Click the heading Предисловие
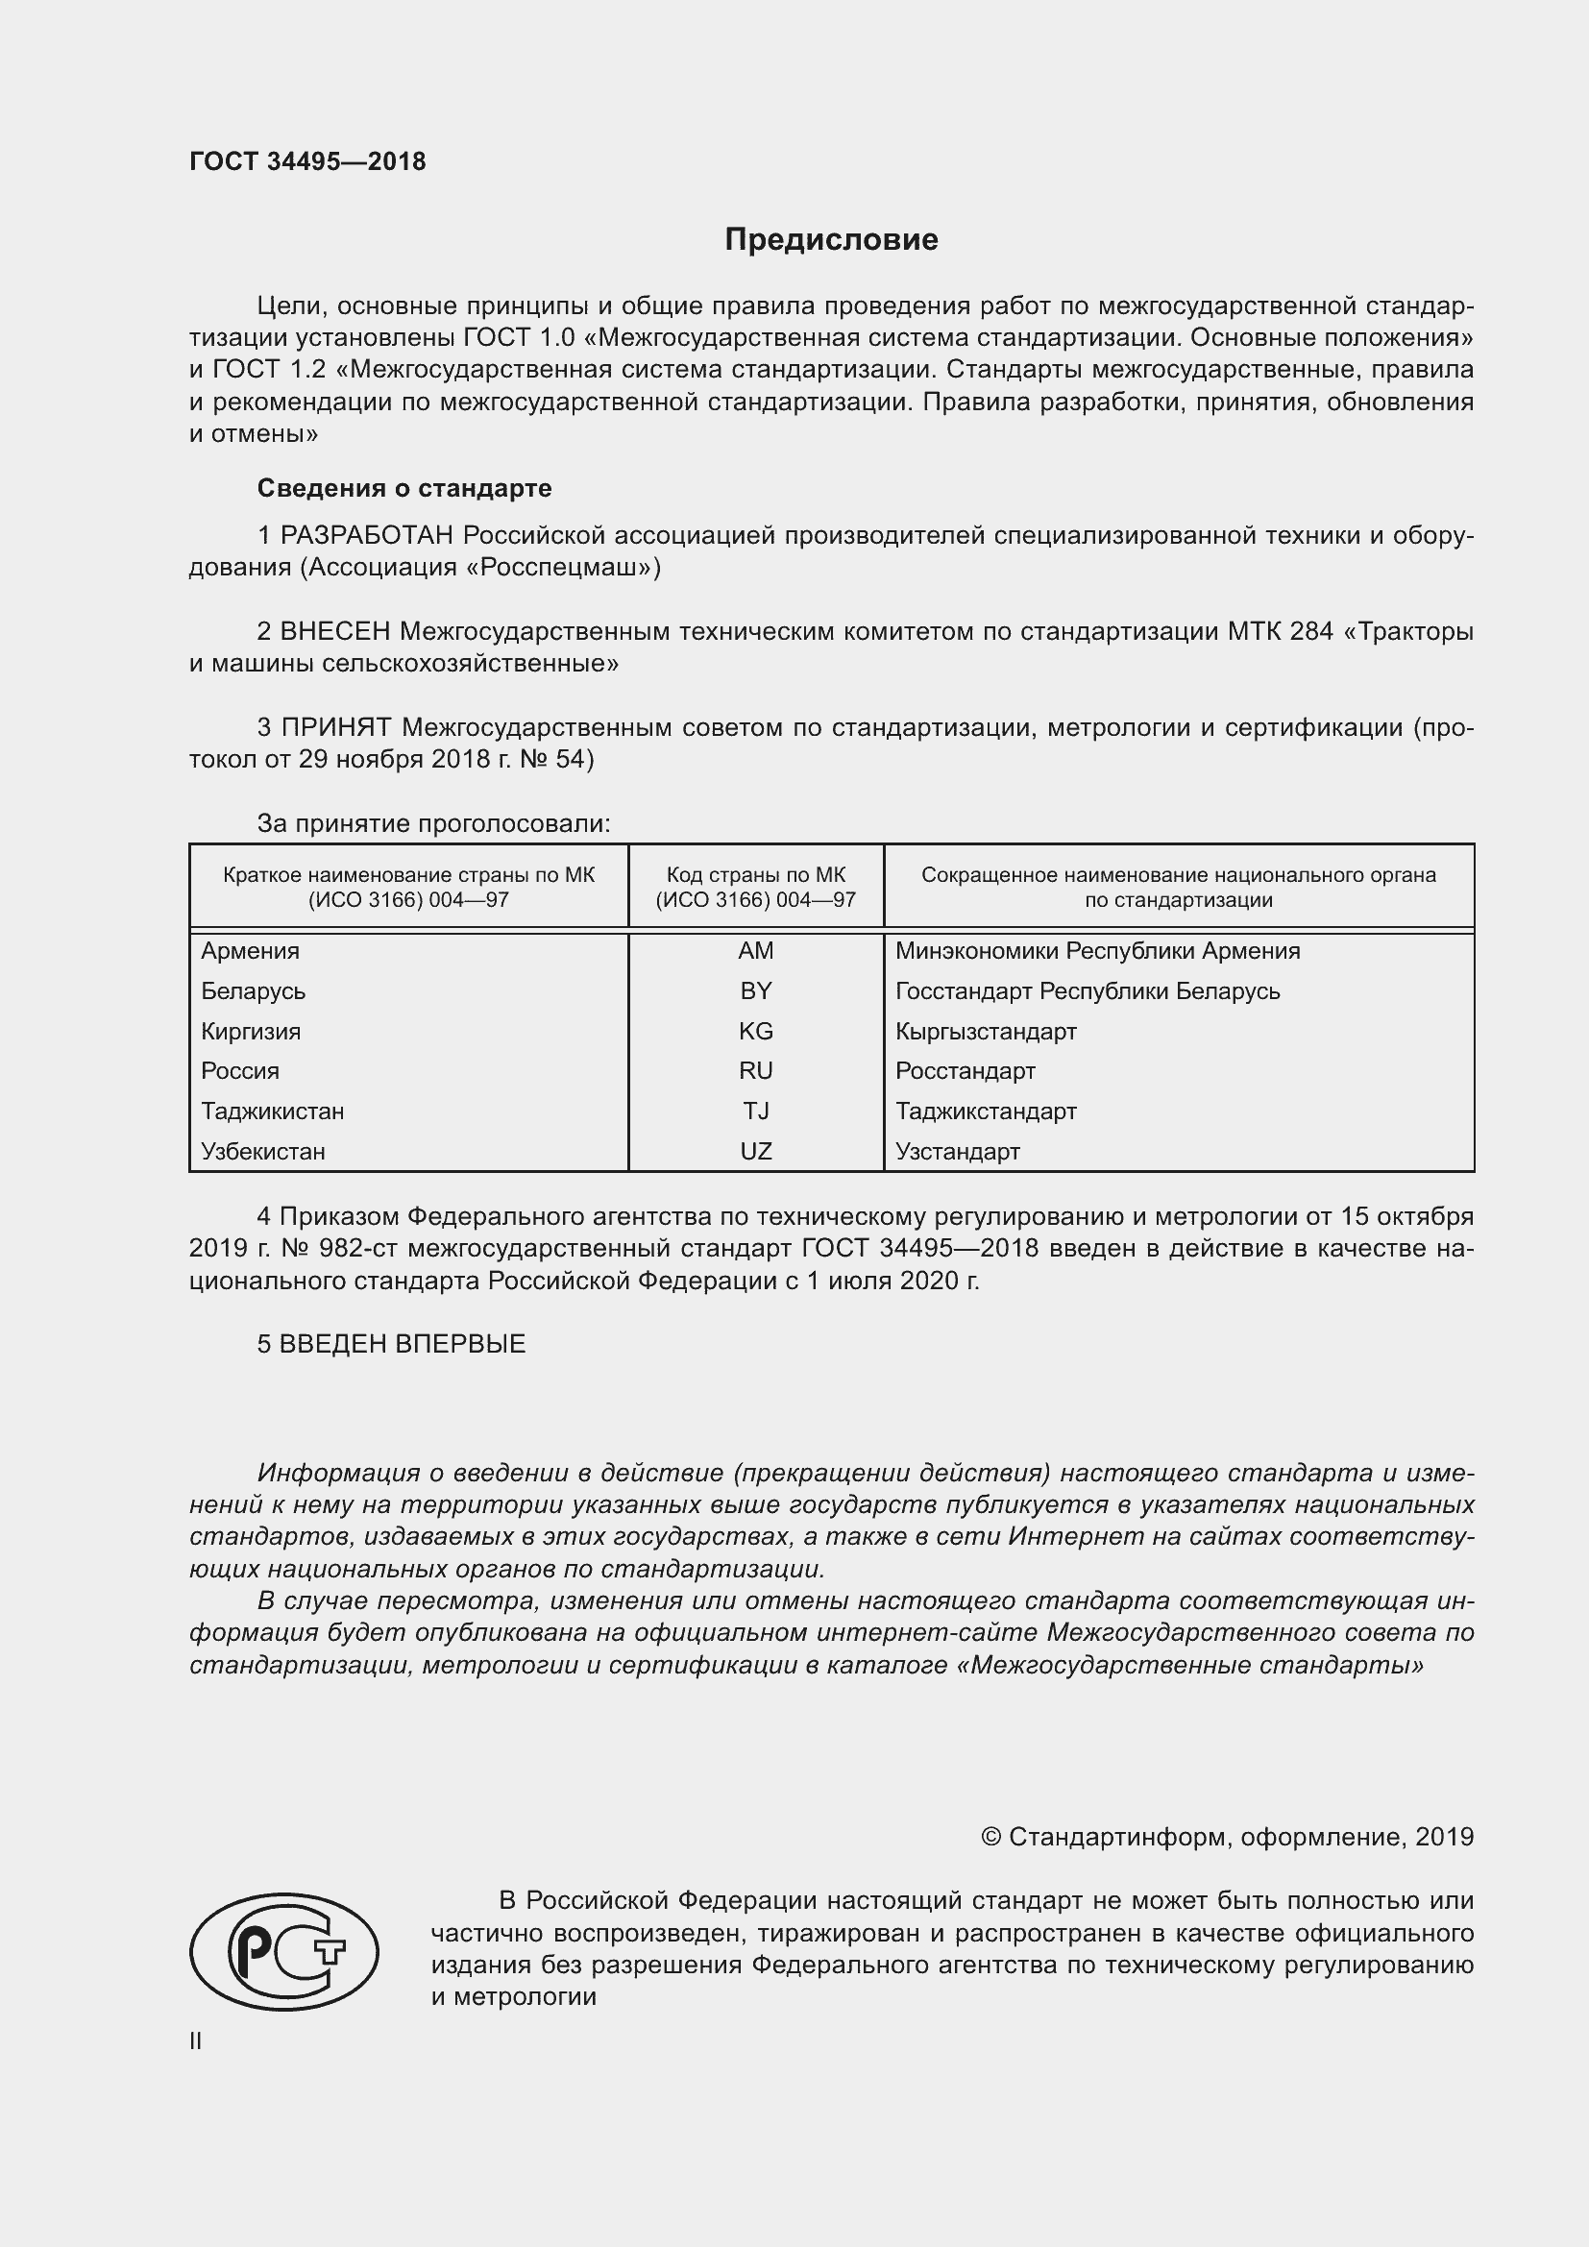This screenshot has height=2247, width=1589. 831,240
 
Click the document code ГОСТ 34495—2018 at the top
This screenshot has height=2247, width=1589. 307,162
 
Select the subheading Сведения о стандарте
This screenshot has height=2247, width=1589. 404,487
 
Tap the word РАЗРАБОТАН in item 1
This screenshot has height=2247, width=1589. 367,535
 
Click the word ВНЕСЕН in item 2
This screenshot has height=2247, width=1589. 335,631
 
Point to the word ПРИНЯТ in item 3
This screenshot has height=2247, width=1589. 336,727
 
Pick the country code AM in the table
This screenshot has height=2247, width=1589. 755,950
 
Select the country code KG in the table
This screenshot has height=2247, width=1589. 755,1031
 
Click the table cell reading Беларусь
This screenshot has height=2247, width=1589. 254,991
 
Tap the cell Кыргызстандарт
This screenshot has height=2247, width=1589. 986,1032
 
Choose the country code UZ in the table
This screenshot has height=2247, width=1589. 755,1151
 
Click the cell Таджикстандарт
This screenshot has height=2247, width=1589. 986,1111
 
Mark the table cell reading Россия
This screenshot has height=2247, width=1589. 240,1070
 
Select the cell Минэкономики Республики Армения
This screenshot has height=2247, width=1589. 1097,951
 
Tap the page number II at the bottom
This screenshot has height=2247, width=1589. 196,2041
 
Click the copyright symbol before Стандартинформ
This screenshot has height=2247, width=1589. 990,1837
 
